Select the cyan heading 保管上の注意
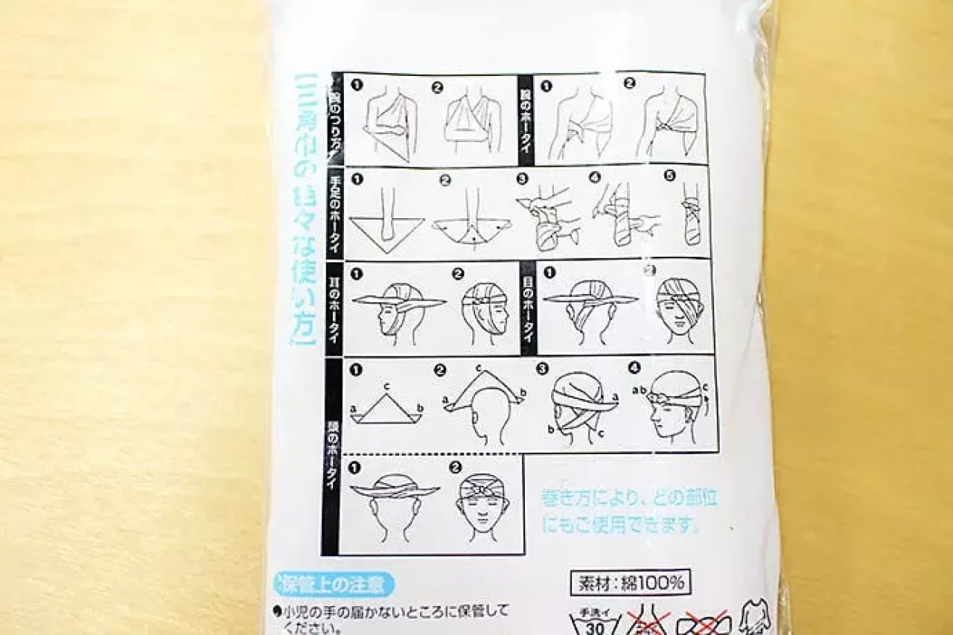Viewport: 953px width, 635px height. point(334,584)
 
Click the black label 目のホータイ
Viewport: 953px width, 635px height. point(527,307)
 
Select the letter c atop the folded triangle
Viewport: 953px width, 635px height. point(386,386)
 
